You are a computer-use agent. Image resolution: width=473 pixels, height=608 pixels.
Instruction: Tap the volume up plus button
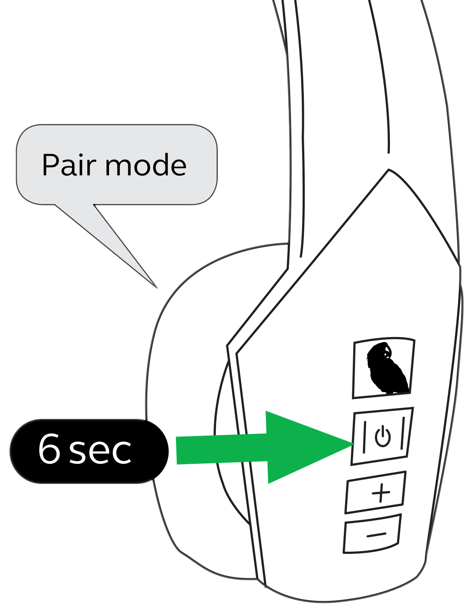(x=375, y=492)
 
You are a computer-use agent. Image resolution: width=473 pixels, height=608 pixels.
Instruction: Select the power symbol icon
(x=383, y=436)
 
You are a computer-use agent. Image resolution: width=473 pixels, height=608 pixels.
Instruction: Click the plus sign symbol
(x=381, y=493)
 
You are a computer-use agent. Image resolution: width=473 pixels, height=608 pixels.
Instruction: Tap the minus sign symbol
(x=376, y=534)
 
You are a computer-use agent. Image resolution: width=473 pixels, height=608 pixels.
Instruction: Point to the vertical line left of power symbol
(x=364, y=437)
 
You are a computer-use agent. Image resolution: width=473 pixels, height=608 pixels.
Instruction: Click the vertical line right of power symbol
(x=401, y=435)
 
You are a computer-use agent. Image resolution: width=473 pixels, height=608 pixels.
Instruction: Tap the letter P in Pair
(x=50, y=165)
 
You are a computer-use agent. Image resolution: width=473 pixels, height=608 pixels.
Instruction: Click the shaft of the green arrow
(x=222, y=449)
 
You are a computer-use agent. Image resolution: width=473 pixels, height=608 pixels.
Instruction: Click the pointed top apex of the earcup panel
(x=388, y=170)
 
